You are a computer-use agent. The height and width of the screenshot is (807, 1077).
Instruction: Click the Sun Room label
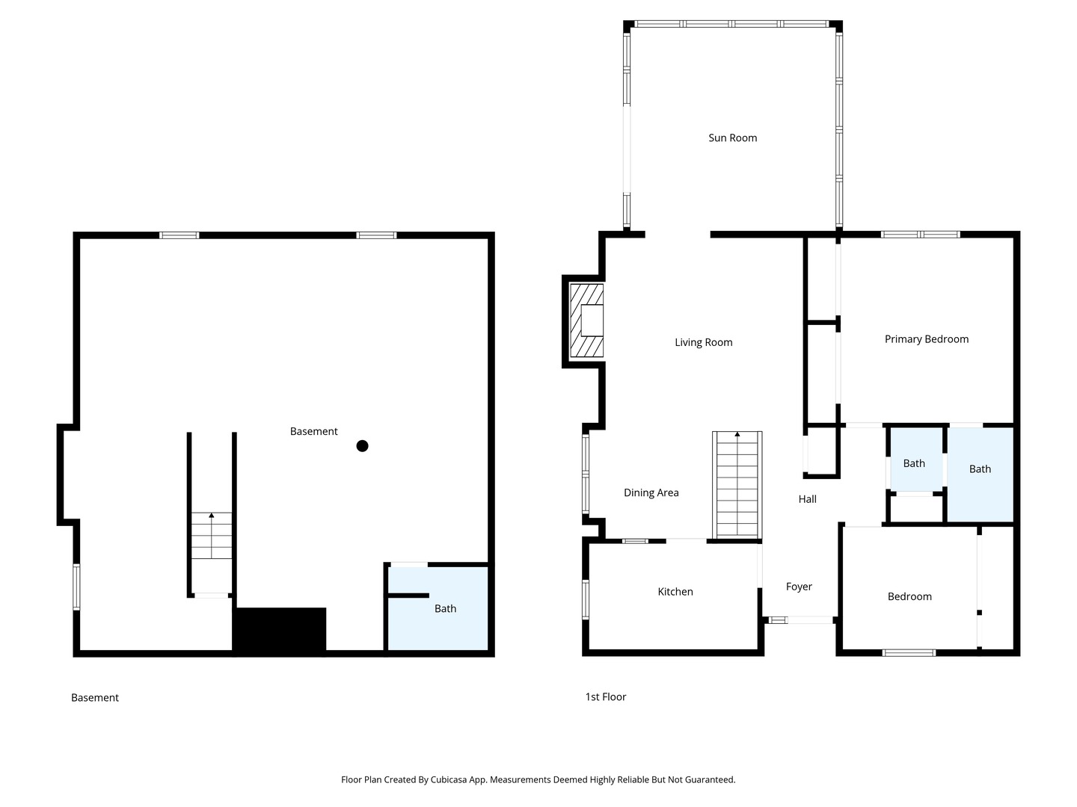pos(732,137)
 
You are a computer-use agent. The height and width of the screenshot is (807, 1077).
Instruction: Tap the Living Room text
pos(703,342)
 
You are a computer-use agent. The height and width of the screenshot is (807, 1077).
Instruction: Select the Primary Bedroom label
pos(927,339)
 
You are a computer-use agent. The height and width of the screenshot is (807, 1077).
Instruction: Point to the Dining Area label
pos(651,492)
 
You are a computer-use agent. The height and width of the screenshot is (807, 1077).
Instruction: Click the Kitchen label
pos(675,591)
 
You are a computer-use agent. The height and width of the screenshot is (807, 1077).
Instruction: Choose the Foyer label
pos(799,587)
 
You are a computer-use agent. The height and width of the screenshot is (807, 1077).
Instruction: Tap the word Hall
pos(807,499)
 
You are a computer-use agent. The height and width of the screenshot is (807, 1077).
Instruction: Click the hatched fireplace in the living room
pos(586,321)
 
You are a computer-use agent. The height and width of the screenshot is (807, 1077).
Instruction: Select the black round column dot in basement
pos(362,446)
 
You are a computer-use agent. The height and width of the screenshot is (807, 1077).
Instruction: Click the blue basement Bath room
pos(438,608)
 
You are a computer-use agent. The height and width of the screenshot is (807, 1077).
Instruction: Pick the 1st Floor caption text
pos(606,696)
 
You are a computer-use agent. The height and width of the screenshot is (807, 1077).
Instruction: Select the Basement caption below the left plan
pos(95,698)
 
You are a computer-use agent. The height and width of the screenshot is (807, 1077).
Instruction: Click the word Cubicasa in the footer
pos(449,779)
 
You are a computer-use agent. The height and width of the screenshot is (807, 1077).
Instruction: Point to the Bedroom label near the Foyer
pos(909,596)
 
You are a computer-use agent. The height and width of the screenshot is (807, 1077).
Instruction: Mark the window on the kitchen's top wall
pos(635,541)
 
